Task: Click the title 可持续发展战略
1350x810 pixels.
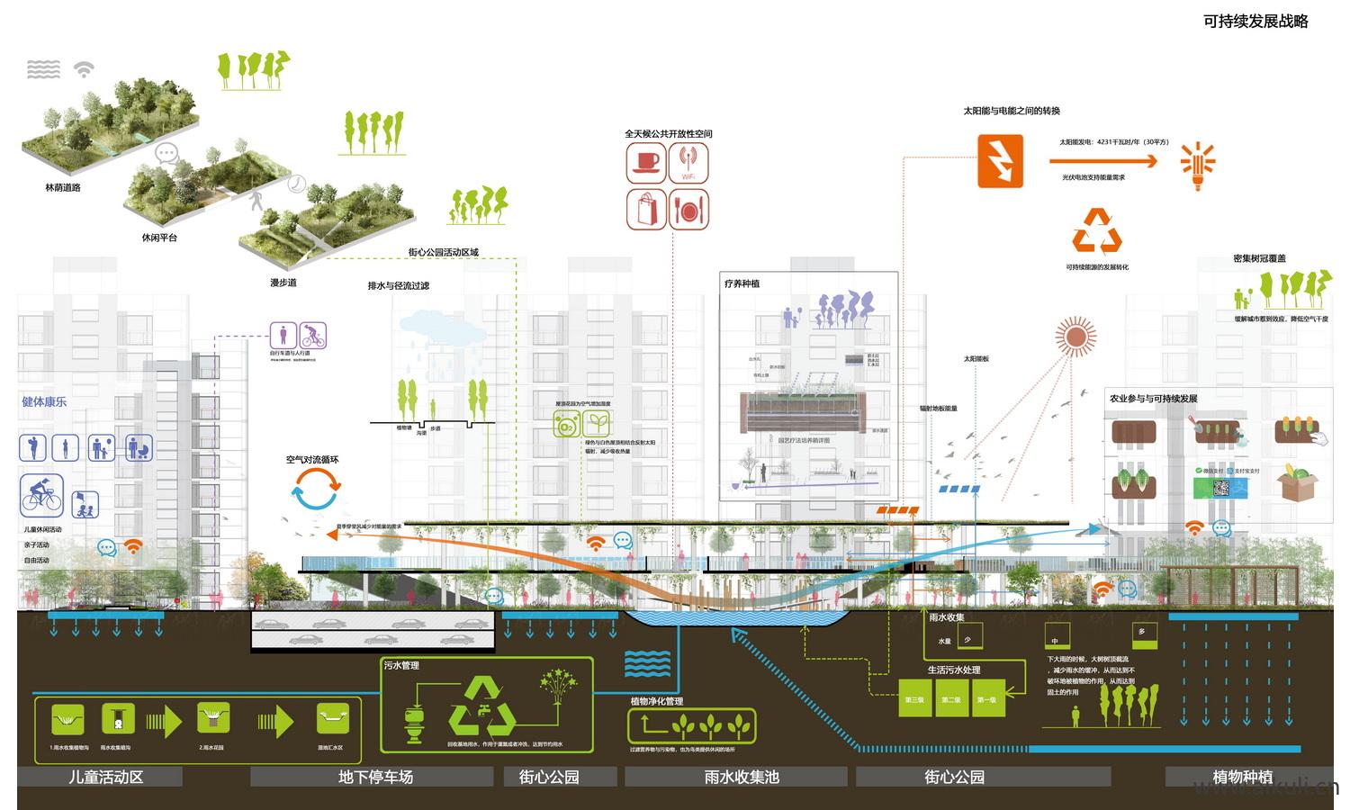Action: (x=1255, y=22)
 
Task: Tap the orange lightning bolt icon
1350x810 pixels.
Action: (x=1000, y=161)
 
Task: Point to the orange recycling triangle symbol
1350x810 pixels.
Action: (x=1097, y=232)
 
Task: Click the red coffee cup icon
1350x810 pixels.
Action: (x=646, y=163)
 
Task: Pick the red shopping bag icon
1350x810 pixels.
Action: (x=646, y=209)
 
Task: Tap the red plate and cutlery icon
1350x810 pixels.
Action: (x=688, y=209)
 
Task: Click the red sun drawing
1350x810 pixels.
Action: (x=1075, y=337)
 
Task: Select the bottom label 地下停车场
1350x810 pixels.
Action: (x=375, y=777)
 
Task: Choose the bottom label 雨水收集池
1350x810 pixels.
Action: (x=741, y=777)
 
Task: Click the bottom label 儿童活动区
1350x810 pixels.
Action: (x=106, y=777)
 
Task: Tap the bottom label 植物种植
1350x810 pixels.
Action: (x=1242, y=777)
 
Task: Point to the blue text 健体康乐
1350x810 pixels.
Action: (x=44, y=401)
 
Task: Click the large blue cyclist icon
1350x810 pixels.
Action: (x=42, y=494)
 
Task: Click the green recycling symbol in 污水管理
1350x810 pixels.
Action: (x=481, y=707)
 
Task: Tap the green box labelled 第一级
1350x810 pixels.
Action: (x=986, y=699)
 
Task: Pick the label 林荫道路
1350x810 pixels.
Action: (x=63, y=188)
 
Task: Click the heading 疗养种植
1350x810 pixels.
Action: (x=742, y=283)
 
